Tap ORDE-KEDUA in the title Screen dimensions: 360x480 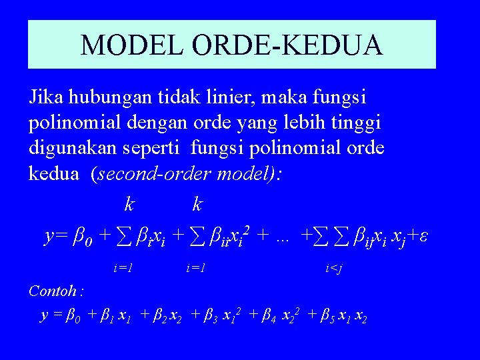click(286, 45)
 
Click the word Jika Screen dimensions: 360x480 click(46, 99)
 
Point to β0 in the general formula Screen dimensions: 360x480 click(81, 237)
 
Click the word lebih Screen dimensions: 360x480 click(293, 123)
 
